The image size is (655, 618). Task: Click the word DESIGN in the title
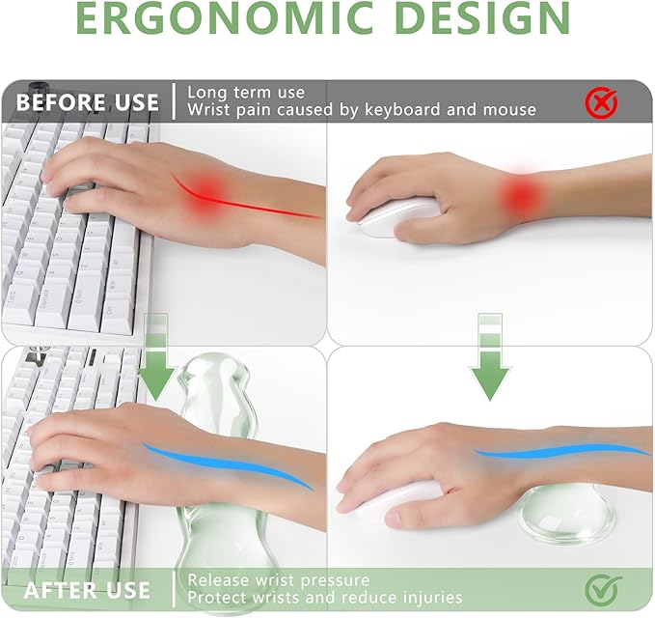click(x=478, y=19)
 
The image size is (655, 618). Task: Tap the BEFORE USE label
click(x=88, y=101)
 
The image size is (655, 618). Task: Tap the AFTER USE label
click(x=87, y=589)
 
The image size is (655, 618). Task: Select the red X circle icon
click(x=603, y=101)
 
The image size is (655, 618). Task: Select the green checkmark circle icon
click(x=603, y=589)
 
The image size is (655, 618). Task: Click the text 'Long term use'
click(x=246, y=93)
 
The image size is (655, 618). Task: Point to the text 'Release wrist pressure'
click(x=279, y=580)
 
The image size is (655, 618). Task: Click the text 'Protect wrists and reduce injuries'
click(x=325, y=598)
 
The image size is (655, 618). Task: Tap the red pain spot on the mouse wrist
click(x=522, y=195)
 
